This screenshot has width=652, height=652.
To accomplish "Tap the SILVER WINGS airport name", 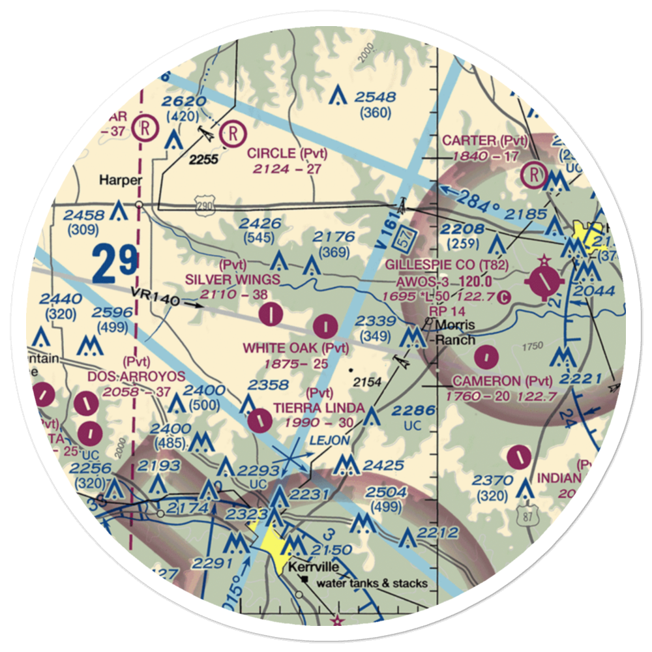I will pyautogui.click(x=233, y=280).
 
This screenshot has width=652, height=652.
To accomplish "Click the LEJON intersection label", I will pyautogui.click(x=329, y=441).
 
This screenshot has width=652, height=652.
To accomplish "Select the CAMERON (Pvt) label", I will pyautogui.click(x=505, y=381).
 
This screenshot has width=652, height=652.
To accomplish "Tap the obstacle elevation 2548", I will pyautogui.click(x=375, y=98).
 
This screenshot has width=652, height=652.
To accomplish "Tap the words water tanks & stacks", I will pyautogui.click(x=372, y=583).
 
